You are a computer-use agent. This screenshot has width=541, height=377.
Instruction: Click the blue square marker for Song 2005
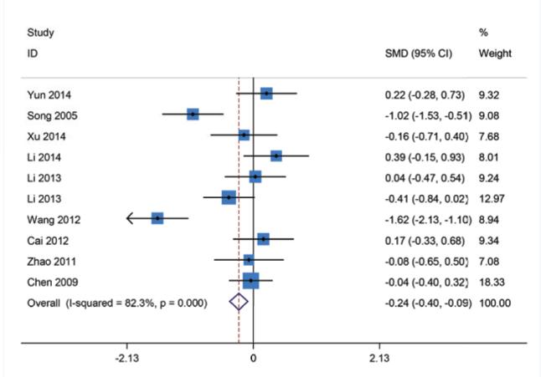(x=193, y=114)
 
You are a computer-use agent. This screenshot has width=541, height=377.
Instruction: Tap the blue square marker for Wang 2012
(x=157, y=218)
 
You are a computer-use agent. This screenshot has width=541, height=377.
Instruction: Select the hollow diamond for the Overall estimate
(x=239, y=303)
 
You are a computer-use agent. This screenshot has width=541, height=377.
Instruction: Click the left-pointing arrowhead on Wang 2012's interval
(x=131, y=218)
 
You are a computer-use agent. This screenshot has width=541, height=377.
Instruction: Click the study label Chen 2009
(x=49, y=282)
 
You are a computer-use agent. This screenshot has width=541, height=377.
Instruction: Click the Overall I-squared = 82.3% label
(x=116, y=303)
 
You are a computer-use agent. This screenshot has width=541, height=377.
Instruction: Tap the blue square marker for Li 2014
(x=276, y=155)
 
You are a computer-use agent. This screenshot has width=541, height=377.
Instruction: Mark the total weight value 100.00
(x=494, y=303)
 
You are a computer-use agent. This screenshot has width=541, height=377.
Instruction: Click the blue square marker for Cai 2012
(x=263, y=239)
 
